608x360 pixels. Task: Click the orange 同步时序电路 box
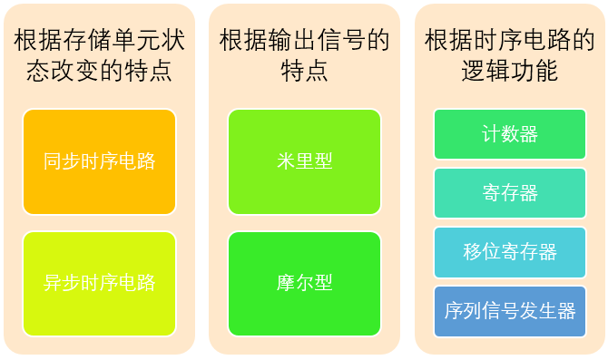pyautogui.click(x=99, y=161)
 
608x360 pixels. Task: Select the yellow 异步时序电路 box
pyautogui.click(x=99, y=282)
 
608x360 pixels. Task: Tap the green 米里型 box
pyautogui.click(x=304, y=161)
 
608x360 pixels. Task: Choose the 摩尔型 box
pyautogui.click(x=304, y=282)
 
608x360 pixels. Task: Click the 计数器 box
pyautogui.click(x=509, y=134)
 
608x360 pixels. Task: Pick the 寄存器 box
pyautogui.click(x=509, y=193)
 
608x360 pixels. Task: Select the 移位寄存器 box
pyautogui.click(x=509, y=252)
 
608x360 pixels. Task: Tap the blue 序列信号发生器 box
pyautogui.click(x=509, y=311)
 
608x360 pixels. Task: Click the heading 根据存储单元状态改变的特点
pyautogui.click(x=99, y=55)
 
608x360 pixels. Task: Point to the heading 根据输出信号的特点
pyautogui.click(x=304, y=55)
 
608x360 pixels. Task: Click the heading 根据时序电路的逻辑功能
pyautogui.click(x=509, y=55)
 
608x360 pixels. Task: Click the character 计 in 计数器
pyautogui.click(x=491, y=134)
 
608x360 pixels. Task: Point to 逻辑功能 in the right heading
pyautogui.click(x=509, y=71)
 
